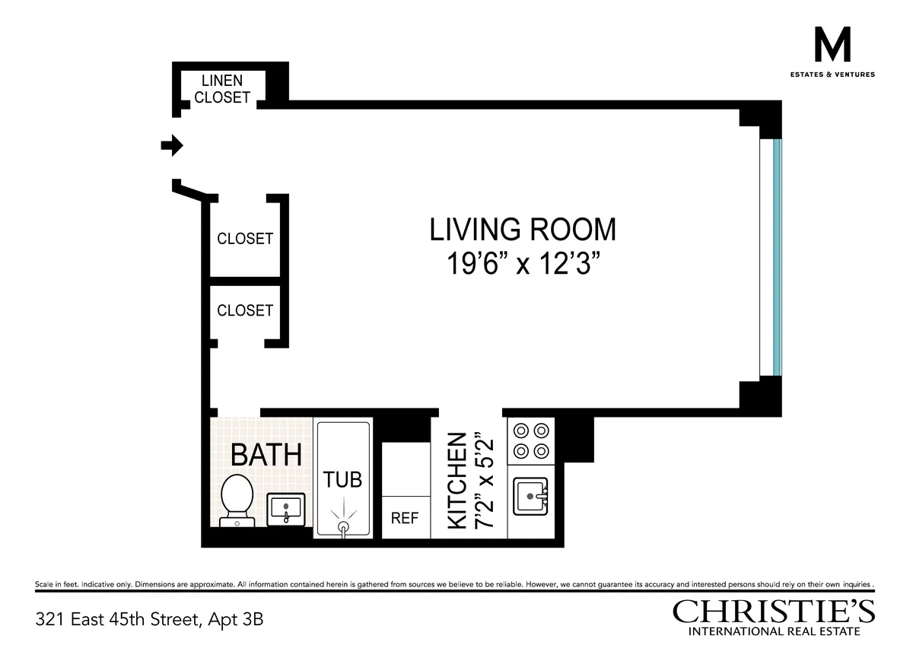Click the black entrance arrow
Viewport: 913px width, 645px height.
173,145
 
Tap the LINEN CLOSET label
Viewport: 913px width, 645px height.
221,89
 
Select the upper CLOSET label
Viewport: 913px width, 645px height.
244,239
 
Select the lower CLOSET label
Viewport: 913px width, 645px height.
244,310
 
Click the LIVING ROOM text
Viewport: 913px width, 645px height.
522,229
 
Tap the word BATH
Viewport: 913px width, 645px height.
266,455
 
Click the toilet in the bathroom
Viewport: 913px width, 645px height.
236,498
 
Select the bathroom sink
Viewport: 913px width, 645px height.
286,508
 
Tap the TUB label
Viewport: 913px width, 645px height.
343,480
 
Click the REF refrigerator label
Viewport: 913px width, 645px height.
405,519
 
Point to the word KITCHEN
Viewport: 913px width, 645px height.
456,481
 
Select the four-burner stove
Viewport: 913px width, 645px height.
531,440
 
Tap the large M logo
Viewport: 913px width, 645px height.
832,46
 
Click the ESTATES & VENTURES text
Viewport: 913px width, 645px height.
832,75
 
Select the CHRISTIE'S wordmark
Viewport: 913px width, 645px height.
774,612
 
